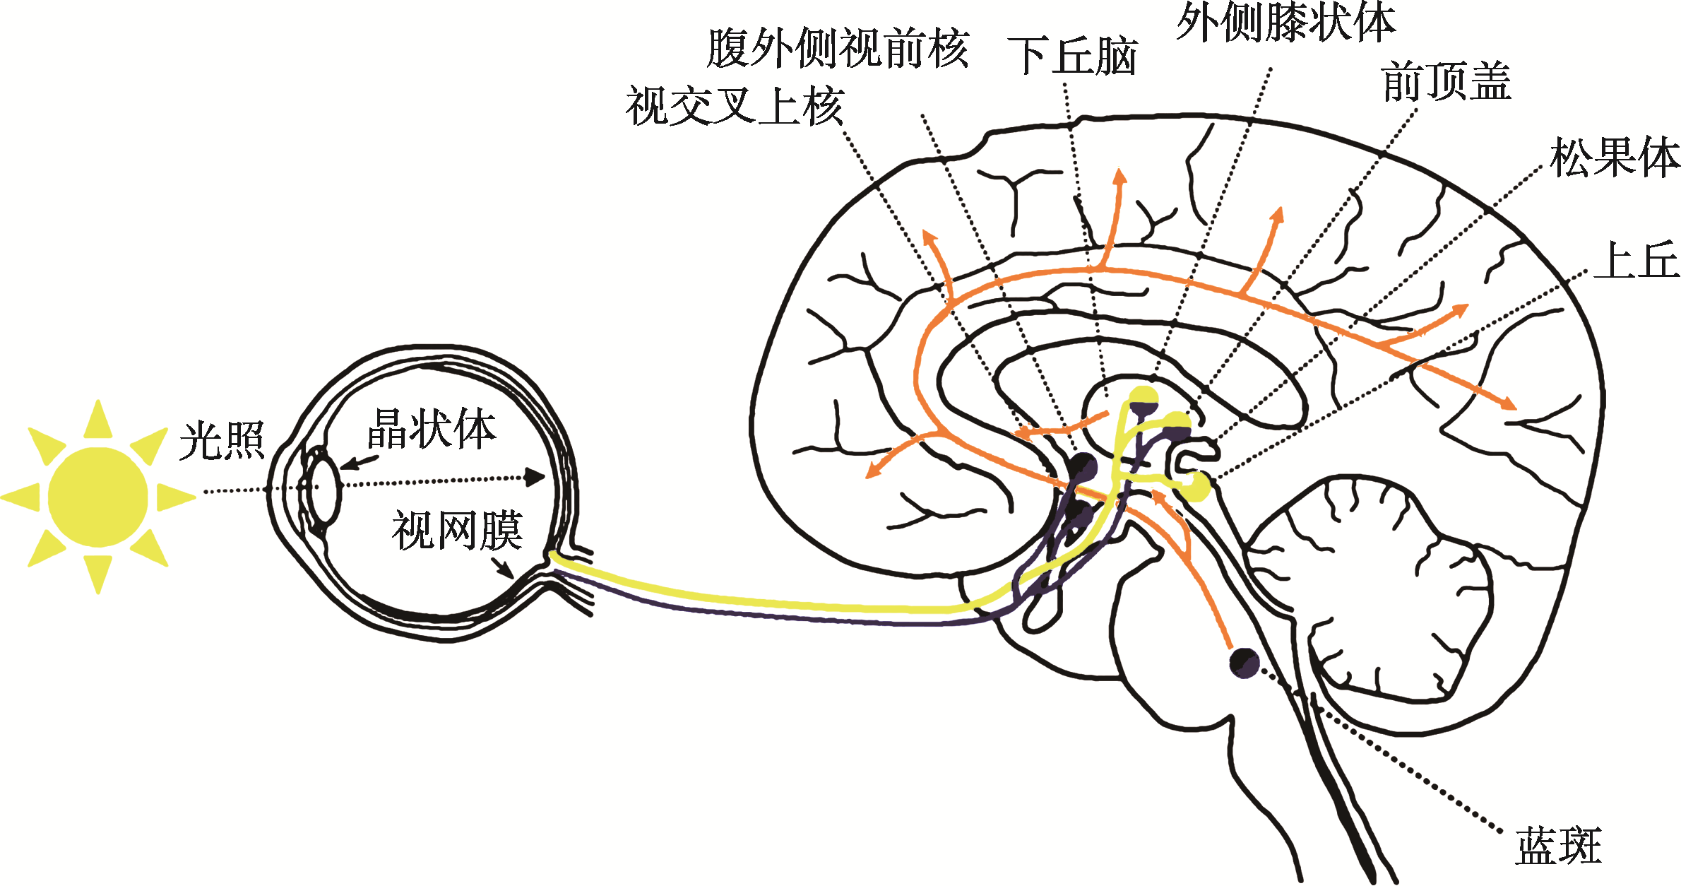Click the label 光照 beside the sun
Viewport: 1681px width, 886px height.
pyautogui.click(x=222, y=441)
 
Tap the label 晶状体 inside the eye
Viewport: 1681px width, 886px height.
pyautogui.click(x=432, y=428)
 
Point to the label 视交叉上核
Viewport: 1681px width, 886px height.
pyautogui.click(x=735, y=107)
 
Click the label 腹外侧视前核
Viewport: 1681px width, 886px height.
pyautogui.click(x=838, y=49)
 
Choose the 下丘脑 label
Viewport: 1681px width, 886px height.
pyautogui.click(x=1073, y=56)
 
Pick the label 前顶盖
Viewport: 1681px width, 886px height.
pyautogui.click(x=1447, y=81)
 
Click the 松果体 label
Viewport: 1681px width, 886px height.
pyautogui.click(x=1615, y=157)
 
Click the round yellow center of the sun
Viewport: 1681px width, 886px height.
pyautogui.click(x=98, y=497)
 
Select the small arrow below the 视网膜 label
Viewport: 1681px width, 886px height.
pyautogui.click(x=502, y=567)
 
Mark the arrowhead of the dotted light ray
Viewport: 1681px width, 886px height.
pyautogui.click(x=535, y=477)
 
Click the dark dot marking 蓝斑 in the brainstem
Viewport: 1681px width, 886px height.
pyautogui.click(x=1244, y=662)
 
